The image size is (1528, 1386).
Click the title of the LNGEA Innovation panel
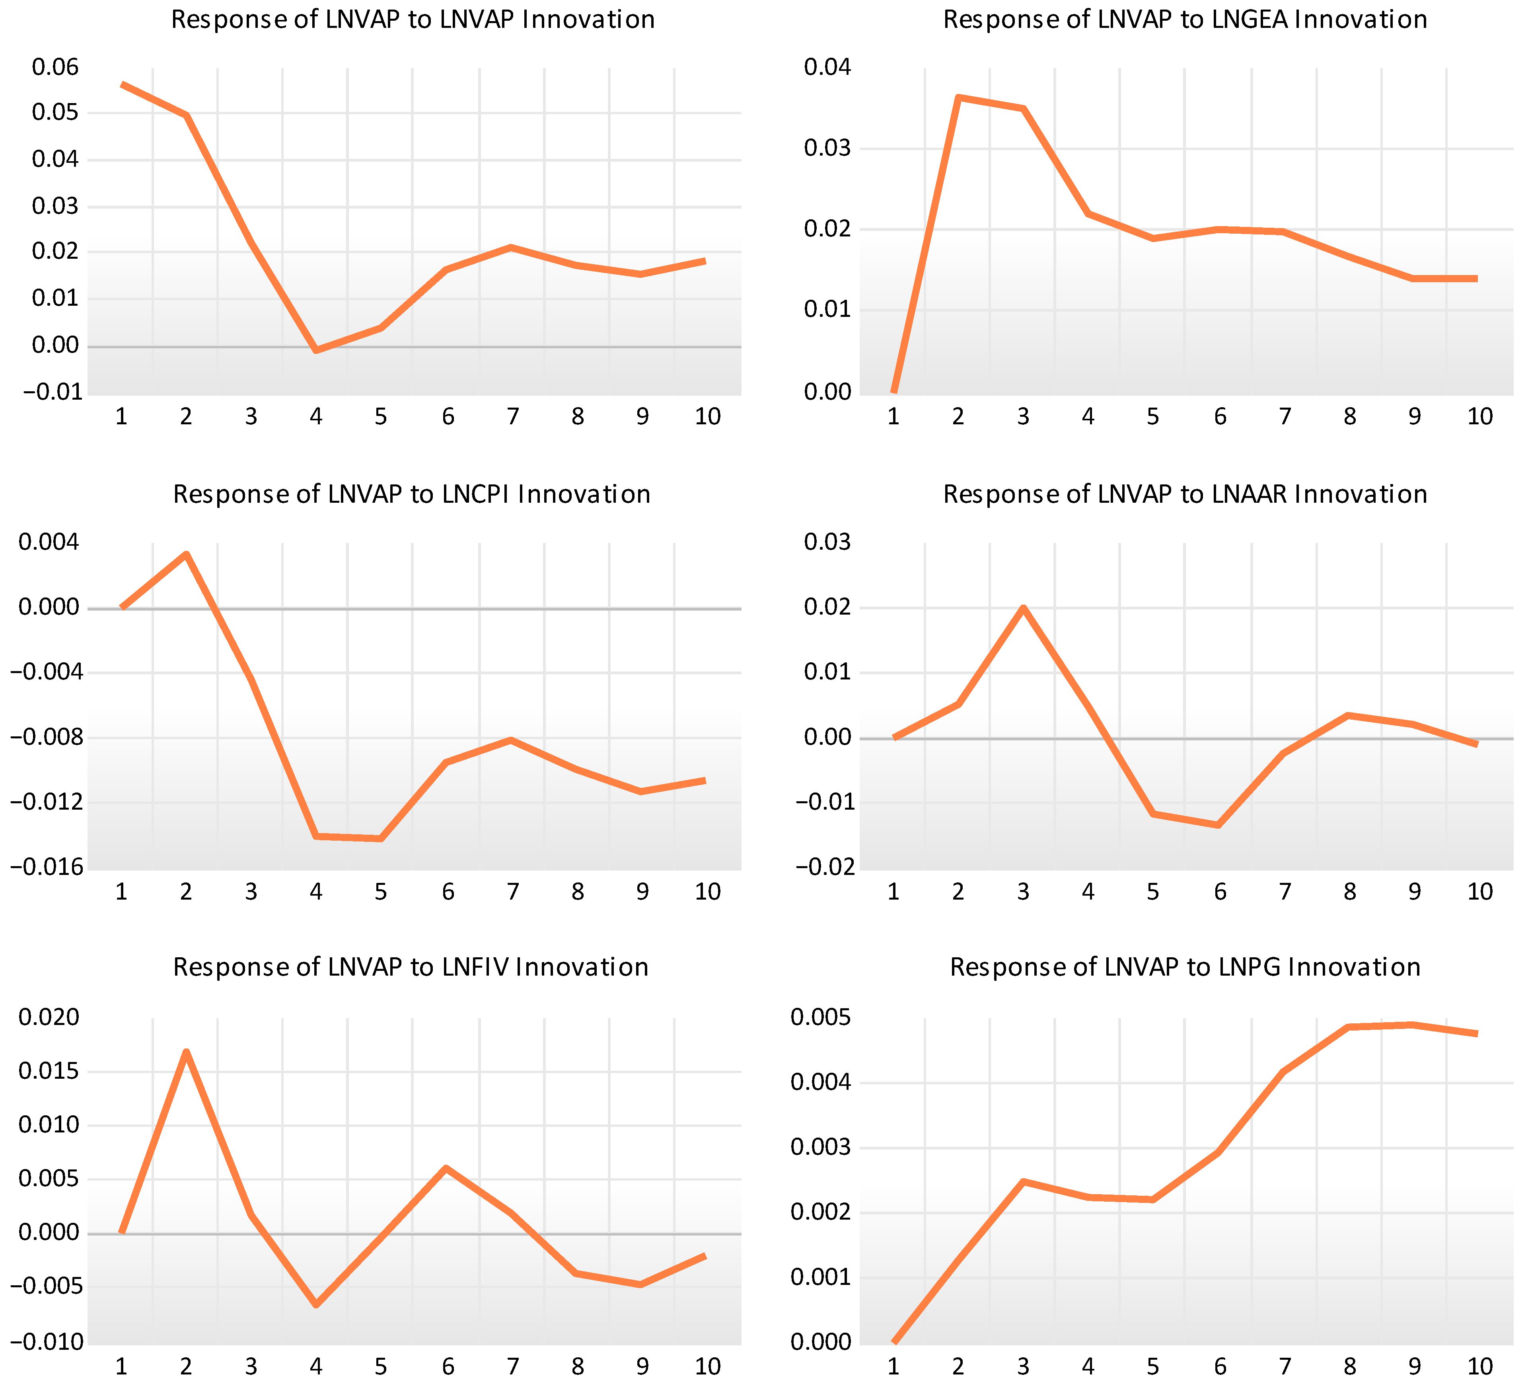(1185, 20)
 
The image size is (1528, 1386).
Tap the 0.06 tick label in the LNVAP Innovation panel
(55, 68)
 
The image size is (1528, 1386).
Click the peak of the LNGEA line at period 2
(959, 97)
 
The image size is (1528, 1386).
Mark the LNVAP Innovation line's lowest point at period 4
(316, 350)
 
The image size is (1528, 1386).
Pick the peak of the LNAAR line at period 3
(1023, 608)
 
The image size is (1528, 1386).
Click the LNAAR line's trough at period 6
(1219, 825)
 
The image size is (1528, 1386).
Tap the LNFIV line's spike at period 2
(186, 1052)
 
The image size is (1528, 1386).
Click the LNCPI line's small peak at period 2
(186, 554)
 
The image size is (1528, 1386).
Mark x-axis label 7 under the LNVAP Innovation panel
(512, 416)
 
